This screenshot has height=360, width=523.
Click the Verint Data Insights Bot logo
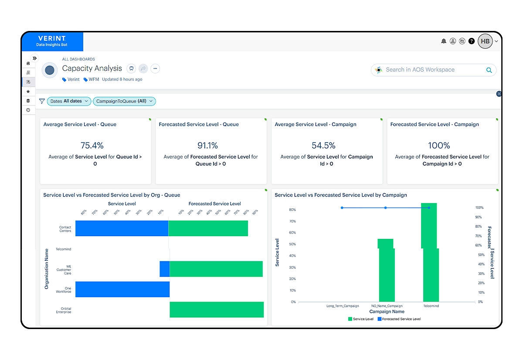52,41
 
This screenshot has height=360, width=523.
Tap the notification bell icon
444,41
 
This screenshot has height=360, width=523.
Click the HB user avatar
485,41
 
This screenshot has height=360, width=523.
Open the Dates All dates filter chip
69,101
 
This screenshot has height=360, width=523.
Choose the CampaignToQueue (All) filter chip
124,101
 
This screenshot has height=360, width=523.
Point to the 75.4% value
92,145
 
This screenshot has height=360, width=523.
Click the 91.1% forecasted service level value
207,145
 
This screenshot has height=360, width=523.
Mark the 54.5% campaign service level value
323,145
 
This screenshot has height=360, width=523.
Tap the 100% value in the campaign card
439,145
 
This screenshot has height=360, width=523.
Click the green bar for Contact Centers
208,228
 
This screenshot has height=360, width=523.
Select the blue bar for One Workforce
122,289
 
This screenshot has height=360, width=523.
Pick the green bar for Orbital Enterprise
217,309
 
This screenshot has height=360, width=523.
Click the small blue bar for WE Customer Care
164,269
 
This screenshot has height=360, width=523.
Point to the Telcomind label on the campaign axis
431,306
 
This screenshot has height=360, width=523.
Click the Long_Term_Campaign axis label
343,306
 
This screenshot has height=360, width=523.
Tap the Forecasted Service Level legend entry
398,319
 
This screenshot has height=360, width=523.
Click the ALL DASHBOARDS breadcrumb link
78,59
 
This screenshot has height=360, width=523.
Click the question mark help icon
472,41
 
